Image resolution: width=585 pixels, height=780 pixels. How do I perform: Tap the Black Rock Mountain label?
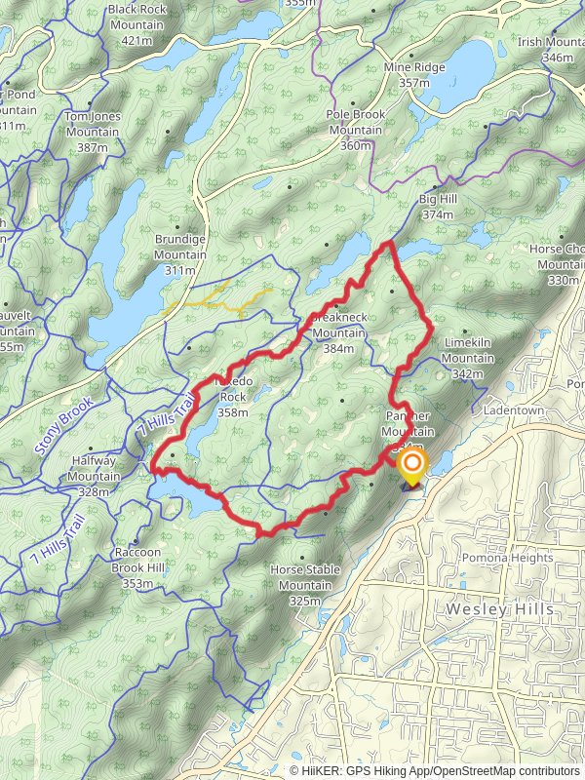coord(137,24)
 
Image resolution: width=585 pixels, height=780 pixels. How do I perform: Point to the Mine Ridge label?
coord(414,74)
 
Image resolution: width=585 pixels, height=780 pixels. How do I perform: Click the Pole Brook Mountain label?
coord(356,130)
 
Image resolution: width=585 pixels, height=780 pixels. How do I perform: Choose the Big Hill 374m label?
coord(438,207)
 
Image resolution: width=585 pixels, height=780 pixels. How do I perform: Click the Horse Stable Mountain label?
coord(304,585)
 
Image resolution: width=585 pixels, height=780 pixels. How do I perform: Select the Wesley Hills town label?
coord(500,608)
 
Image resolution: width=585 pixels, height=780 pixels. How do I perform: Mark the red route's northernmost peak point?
coord(389,242)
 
